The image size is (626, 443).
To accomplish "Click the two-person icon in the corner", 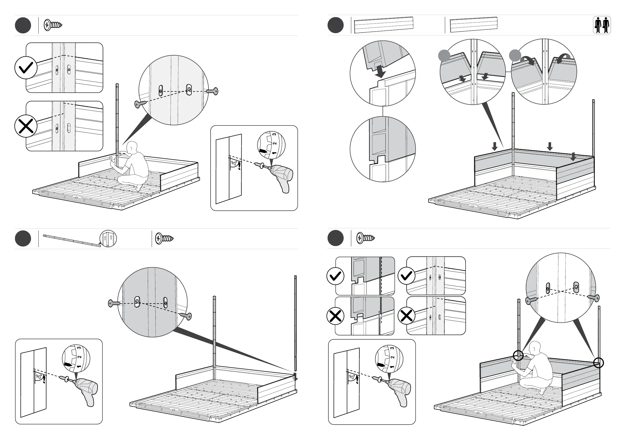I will [602, 25].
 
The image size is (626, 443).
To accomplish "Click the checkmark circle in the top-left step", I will [26, 68].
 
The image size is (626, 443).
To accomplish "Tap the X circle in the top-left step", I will [26, 126].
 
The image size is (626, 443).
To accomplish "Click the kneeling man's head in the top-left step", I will [132, 147].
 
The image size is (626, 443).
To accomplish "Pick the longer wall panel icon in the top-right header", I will [384, 25].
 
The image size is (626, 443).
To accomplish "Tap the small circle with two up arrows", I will [108, 238].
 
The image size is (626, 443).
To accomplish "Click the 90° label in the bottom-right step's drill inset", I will [352, 377].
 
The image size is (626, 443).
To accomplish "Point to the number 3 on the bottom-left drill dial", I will [79, 348].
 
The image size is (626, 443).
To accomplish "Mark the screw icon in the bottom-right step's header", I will [365, 238].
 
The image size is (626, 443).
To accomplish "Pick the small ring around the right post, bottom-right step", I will [598, 363].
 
